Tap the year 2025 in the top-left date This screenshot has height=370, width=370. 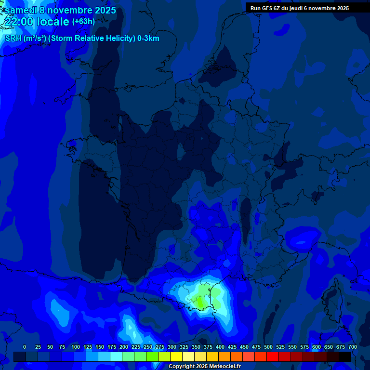(102, 10)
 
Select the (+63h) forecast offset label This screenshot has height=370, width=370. (83, 22)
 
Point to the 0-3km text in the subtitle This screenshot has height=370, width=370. (148, 39)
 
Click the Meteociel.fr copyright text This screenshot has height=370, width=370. (204, 367)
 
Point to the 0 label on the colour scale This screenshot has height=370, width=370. (25, 347)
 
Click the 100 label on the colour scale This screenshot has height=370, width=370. (76, 347)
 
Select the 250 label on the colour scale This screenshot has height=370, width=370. (148, 347)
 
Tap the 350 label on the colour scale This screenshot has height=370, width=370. (196, 347)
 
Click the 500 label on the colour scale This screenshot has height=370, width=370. (268, 347)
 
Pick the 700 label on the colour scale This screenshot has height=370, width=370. (353, 347)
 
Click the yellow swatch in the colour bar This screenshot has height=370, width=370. (176, 357)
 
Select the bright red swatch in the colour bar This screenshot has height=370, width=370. (273, 357)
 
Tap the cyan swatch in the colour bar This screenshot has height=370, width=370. (116, 357)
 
